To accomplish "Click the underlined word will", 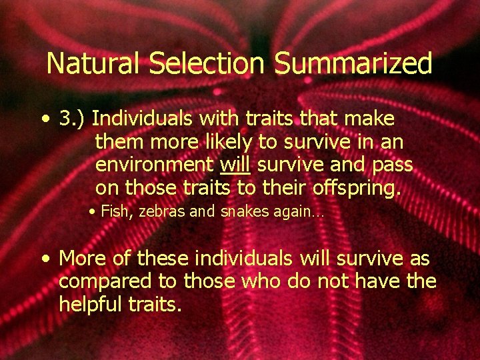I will (x=234, y=165).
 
